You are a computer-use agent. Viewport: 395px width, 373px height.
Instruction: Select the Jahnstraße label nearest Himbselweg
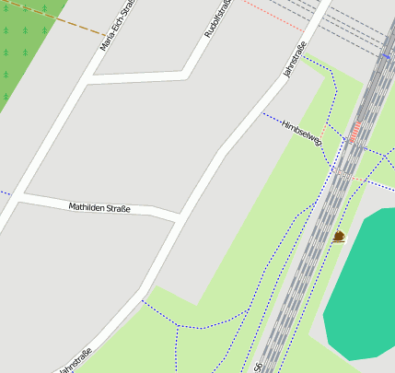(294, 60)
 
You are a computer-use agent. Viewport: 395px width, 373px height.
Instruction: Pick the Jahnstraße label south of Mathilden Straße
(75, 360)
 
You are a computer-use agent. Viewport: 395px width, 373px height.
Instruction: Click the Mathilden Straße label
(99, 208)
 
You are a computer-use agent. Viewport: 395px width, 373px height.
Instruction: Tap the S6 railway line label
(259, 366)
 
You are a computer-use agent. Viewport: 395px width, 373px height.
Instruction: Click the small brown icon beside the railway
(339, 237)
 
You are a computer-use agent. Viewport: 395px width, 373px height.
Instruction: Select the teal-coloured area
(364, 286)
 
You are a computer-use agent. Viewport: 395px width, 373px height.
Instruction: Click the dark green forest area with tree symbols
(23, 51)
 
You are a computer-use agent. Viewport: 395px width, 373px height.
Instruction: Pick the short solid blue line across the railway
(385, 56)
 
